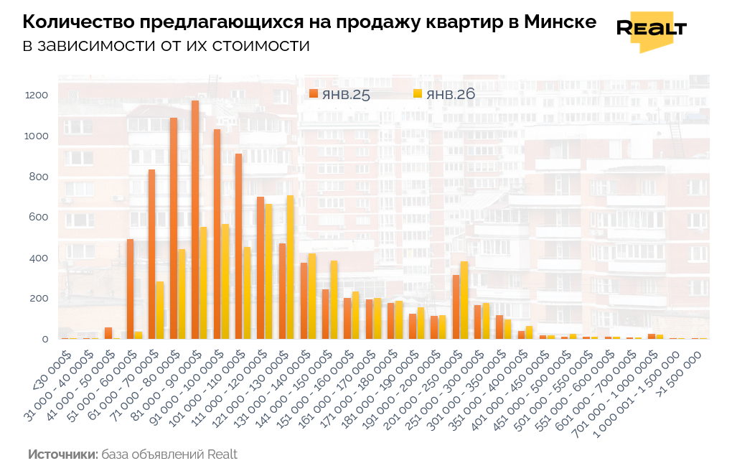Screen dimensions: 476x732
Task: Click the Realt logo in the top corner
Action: (x=651, y=29)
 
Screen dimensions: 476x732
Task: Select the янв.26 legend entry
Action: (x=444, y=94)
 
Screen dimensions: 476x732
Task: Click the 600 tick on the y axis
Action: (x=39, y=218)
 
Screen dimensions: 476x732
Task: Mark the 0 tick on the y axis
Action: (x=44, y=339)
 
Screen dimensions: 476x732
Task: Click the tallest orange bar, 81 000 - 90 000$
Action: (x=195, y=220)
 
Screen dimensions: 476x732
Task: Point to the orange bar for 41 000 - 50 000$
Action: (x=108, y=333)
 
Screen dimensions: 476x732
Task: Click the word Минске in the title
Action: (x=560, y=22)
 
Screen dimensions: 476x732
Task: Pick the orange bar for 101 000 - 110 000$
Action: (x=238, y=246)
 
